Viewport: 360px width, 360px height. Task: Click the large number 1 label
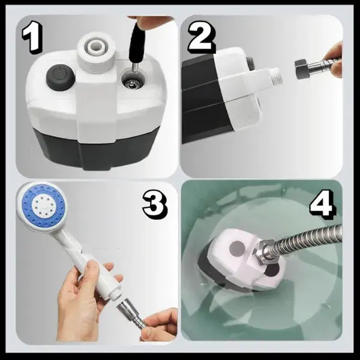33,37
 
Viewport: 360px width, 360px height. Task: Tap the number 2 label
202,37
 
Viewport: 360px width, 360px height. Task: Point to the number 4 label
322,203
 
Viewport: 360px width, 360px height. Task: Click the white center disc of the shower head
43,205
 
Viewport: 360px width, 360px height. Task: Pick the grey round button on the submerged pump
237,248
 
